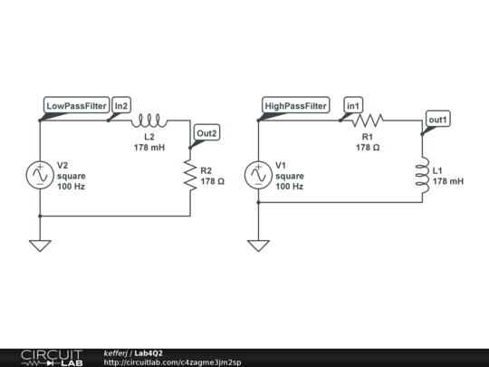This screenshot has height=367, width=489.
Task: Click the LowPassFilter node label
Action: pyautogui.click(x=77, y=106)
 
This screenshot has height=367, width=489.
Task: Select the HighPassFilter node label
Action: pyautogui.click(x=295, y=106)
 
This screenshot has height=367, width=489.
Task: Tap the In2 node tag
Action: pyautogui.click(x=121, y=106)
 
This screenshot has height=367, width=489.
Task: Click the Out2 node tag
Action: pyautogui.click(x=206, y=133)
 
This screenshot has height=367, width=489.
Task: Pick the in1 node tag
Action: pyautogui.click(x=354, y=106)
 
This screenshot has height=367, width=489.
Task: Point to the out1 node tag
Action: pyautogui.click(x=438, y=120)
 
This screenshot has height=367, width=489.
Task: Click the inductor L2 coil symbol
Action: pyautogui.click(x=149, y=120)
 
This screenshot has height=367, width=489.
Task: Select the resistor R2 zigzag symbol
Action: pyautogui.click(x=190, y=175)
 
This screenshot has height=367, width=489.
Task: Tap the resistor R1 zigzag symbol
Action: pyautogui.click(x=368, y=120)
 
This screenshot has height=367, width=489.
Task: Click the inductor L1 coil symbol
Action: pyautogui.click(x=422, y=175)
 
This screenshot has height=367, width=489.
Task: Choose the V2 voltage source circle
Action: pyautogui.click(x=40, y=175)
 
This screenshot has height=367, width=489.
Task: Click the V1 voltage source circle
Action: pyautogui.click(x=258, y=175)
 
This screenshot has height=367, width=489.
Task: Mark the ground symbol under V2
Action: pyautogui.click(x=40, y=246)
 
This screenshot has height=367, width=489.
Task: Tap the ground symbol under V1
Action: pyautogui.click(x=258, y=246)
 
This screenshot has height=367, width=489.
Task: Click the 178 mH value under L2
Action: pyautogui.click(x=149, y=147)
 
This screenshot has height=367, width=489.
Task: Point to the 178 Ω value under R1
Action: pyautogui.click(x=368, y=147)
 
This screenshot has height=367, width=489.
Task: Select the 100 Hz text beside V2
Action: pyautogui.click(x=71, y=186)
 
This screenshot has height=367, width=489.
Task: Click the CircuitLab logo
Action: pyautogui.click(x=52, y=357)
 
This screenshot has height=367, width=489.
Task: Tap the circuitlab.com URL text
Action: pyautogui.click(x=172, y=362)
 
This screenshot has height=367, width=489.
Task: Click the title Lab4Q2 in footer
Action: pyautogui.click(x=149, y=353)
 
